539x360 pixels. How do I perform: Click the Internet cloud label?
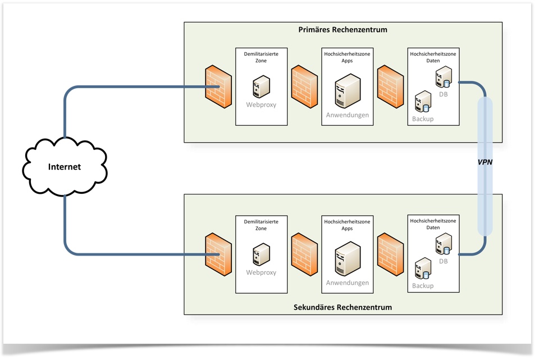65,167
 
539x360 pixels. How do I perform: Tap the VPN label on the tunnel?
485,162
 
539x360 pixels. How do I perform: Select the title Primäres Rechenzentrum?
343,29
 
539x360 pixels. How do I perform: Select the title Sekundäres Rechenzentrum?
343,307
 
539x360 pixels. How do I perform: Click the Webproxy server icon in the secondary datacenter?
261,254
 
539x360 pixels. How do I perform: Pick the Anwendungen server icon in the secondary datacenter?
348,258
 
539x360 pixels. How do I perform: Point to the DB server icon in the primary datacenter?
444,77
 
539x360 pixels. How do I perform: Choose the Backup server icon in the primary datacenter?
422,103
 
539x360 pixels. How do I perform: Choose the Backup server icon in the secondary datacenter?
422,270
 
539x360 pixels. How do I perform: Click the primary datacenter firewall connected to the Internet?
218,87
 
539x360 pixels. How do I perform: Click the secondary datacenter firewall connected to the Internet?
218,254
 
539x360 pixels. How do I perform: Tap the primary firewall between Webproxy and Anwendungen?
304,87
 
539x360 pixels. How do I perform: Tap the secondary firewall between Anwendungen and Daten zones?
390,254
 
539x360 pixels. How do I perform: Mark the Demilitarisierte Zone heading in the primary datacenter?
261,57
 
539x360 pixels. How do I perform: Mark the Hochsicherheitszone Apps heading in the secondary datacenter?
347,225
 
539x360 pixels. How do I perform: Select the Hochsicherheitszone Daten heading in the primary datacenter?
433,57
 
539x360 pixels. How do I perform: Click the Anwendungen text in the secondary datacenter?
348,283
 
